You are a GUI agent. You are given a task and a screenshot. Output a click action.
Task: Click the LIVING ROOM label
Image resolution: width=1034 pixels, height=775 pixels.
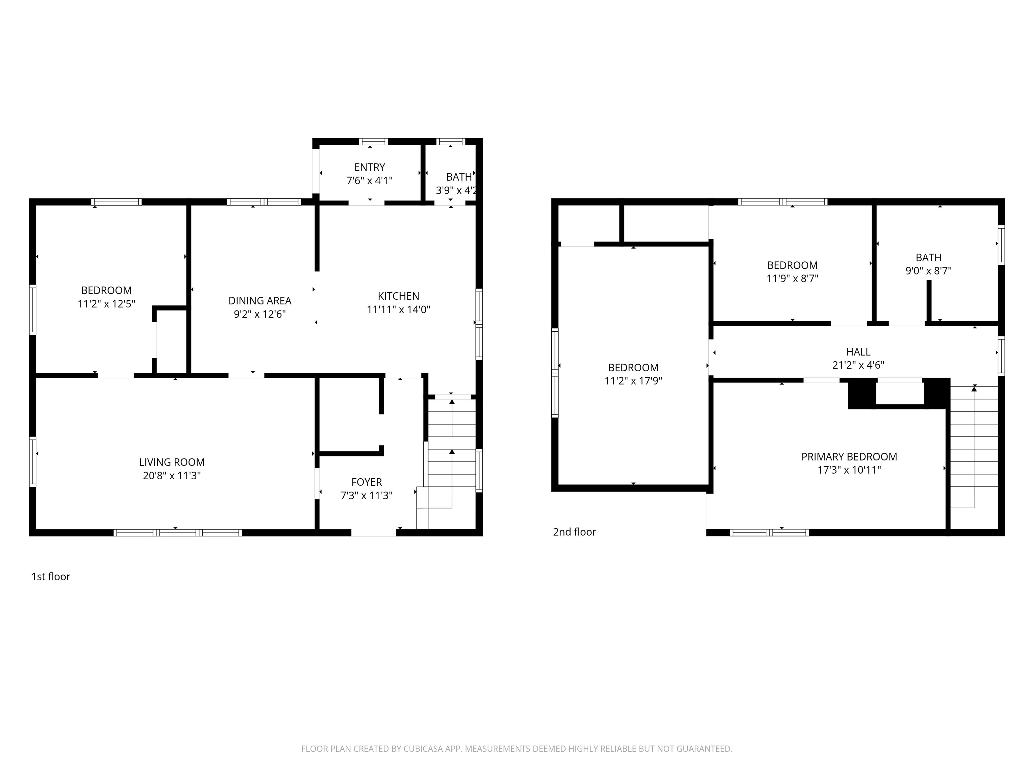coord(172,462)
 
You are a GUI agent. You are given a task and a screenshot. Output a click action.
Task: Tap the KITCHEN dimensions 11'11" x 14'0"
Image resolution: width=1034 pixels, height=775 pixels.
coord(398,309)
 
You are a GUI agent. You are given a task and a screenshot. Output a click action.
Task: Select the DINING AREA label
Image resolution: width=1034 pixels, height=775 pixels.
coord(260,300)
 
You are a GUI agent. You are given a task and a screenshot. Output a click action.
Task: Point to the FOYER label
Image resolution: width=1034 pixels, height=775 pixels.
coord(367,482)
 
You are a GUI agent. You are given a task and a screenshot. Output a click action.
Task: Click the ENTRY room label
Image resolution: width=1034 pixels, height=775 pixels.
coord(369,167)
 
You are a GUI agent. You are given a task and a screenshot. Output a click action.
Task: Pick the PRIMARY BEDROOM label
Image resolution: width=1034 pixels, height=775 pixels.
coord(849,456)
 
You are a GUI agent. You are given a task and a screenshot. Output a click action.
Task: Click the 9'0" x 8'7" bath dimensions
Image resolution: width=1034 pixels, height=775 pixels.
coord(928,270)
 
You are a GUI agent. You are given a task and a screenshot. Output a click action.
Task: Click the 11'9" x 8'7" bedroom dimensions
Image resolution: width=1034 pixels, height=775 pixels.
coord(792,279)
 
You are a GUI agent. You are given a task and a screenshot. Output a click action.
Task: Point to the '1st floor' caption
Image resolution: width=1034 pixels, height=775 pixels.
coord(50,577)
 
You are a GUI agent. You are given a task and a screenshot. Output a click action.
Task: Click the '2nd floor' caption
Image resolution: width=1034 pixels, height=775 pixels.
coord(575,531)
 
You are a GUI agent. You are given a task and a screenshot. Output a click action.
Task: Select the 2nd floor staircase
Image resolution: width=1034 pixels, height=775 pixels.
coord(974,448)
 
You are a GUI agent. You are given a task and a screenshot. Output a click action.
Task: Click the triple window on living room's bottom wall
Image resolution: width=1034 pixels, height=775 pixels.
coord(178,532)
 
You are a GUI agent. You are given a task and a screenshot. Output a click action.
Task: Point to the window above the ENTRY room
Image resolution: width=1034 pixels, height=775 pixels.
coord(373,142)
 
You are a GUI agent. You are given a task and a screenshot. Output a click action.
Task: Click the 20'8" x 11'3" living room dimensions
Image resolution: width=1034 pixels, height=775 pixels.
coord(172,476)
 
